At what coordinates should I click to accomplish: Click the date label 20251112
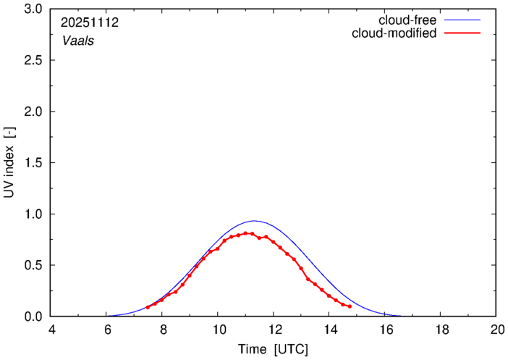(90, 22)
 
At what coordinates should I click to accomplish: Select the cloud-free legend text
(406, 20)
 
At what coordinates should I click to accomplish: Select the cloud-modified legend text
(394, 33)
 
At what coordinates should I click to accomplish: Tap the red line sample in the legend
(465, 34)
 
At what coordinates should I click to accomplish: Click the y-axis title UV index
(9, 163)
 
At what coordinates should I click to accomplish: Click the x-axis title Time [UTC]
(274, 349)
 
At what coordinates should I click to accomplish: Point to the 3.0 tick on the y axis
(34, 9)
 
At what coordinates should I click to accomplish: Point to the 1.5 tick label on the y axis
(34, 163)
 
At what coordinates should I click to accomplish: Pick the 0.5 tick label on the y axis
(34, 266)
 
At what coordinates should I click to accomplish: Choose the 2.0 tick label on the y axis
(34, 112)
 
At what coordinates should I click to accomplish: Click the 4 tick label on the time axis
(51, 330)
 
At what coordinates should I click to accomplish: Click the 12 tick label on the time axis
(274, 330)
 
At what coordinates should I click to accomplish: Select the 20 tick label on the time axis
(496, 330)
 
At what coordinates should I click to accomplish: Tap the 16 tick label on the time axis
(385, 330)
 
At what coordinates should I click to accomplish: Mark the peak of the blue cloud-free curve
(254, 221)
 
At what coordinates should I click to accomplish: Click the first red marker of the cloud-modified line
(148, 307)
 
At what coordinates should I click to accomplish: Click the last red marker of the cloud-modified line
(350, 306)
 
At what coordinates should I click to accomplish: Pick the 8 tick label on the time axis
(162, 330)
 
